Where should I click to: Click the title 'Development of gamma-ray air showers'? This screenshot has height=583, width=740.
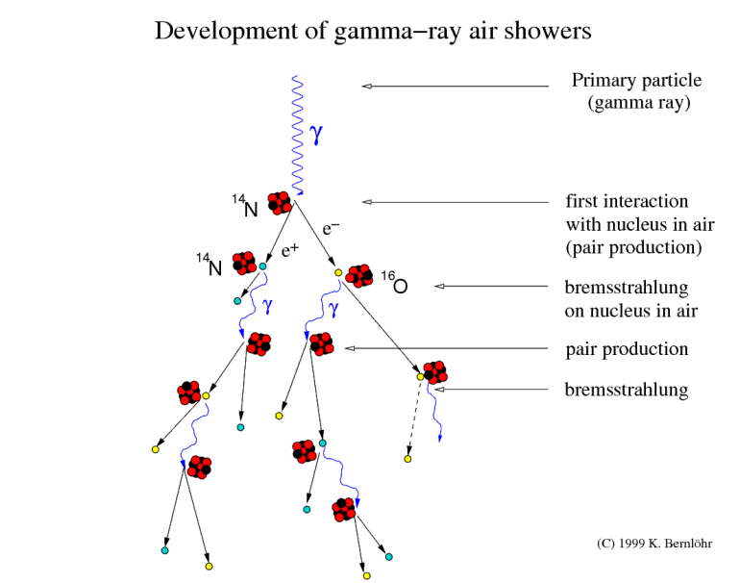coord(373,32)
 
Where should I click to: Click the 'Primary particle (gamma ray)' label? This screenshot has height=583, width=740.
coord(636,91)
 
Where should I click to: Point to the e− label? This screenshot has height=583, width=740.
coord(331,229)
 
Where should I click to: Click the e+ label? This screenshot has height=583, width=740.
coord(290,251)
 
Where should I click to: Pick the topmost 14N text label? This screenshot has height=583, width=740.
coord(244,206)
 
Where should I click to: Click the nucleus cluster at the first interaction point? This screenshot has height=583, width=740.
coord(279,202)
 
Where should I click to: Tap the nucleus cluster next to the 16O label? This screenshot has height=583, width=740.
coord(359,275)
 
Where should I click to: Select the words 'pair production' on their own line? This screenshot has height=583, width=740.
coord(626,348)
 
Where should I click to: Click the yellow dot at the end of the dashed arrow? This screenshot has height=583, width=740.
coord(407,459)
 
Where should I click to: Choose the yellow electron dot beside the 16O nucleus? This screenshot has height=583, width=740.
coord(338,273)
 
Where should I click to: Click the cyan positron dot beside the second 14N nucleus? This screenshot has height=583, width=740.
coord(262,266)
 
